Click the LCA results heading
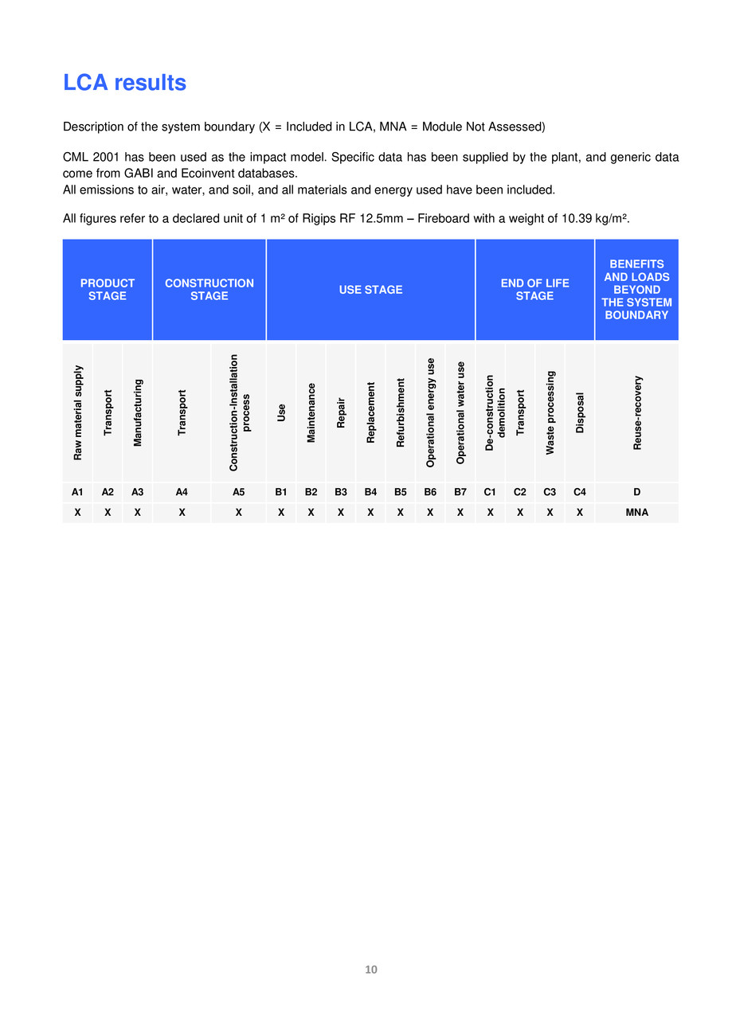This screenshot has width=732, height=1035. click(124, 83)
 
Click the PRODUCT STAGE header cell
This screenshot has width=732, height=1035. click(108, 290)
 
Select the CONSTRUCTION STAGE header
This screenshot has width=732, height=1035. click(209, 290)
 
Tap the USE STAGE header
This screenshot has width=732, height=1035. click(370, 290)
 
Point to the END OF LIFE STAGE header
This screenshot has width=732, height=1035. click(534, 290)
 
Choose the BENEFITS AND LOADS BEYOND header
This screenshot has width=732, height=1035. click(636, 290)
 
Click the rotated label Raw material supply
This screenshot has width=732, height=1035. click(78, 412)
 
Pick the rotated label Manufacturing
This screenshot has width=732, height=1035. click(138, 412)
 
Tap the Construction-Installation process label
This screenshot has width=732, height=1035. click(239, 412)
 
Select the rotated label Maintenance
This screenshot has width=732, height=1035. click(311, 412)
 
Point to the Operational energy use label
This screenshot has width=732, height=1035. click(431, 412)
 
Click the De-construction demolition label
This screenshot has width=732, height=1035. click(495, 412)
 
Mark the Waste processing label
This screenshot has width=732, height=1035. click(550, 412)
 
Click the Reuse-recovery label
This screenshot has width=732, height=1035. click(637, 412)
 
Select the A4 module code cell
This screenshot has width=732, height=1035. click(182, 493)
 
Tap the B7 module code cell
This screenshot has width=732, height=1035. click(460, 493)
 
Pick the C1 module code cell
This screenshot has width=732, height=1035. click(490, 493)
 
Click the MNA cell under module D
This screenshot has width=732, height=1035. click(637, 513)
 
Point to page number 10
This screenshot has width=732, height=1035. click(371, 970)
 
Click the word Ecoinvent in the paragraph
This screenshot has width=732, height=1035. click(204, 174)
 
